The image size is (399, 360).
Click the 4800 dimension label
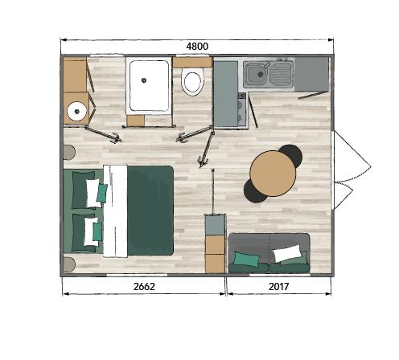pyautogui.click(x=197, y=47)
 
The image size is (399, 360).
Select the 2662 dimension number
pyautogui.click(x=144, y=287)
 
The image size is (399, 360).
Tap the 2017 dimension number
pyautogui.click(x=278, y=287)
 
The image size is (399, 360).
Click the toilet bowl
pyautogui.click(x=192, y=81)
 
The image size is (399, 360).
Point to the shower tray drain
pyautogui.click(x=144, y=80)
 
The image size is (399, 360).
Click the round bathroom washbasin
pyautogui.click(x=77, y=111)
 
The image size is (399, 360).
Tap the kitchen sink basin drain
pyautogui.click(x=260, y=74)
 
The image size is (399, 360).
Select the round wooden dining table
pyautogui.click(x=273, y=174)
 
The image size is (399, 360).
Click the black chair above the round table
pyautogui.click(x=292, y=155)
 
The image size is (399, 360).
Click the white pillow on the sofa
pyautogui.click(x=287, y=253)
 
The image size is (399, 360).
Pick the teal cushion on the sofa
pyautogui.click(x=246, y=259)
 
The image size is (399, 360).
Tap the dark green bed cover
pyautogui.click(x=150, y=211)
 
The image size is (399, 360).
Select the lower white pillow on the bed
pyautogui.click(x=91, y=231)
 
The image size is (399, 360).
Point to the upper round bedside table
pyautogui.click(x=69, y=153)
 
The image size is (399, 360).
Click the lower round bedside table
pyautogui.click(x=69, y=265)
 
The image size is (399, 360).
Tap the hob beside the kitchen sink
pyautogui.click(x=242, y=109)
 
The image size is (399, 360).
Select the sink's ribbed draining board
pyautogui.click(x=281, y=73)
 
